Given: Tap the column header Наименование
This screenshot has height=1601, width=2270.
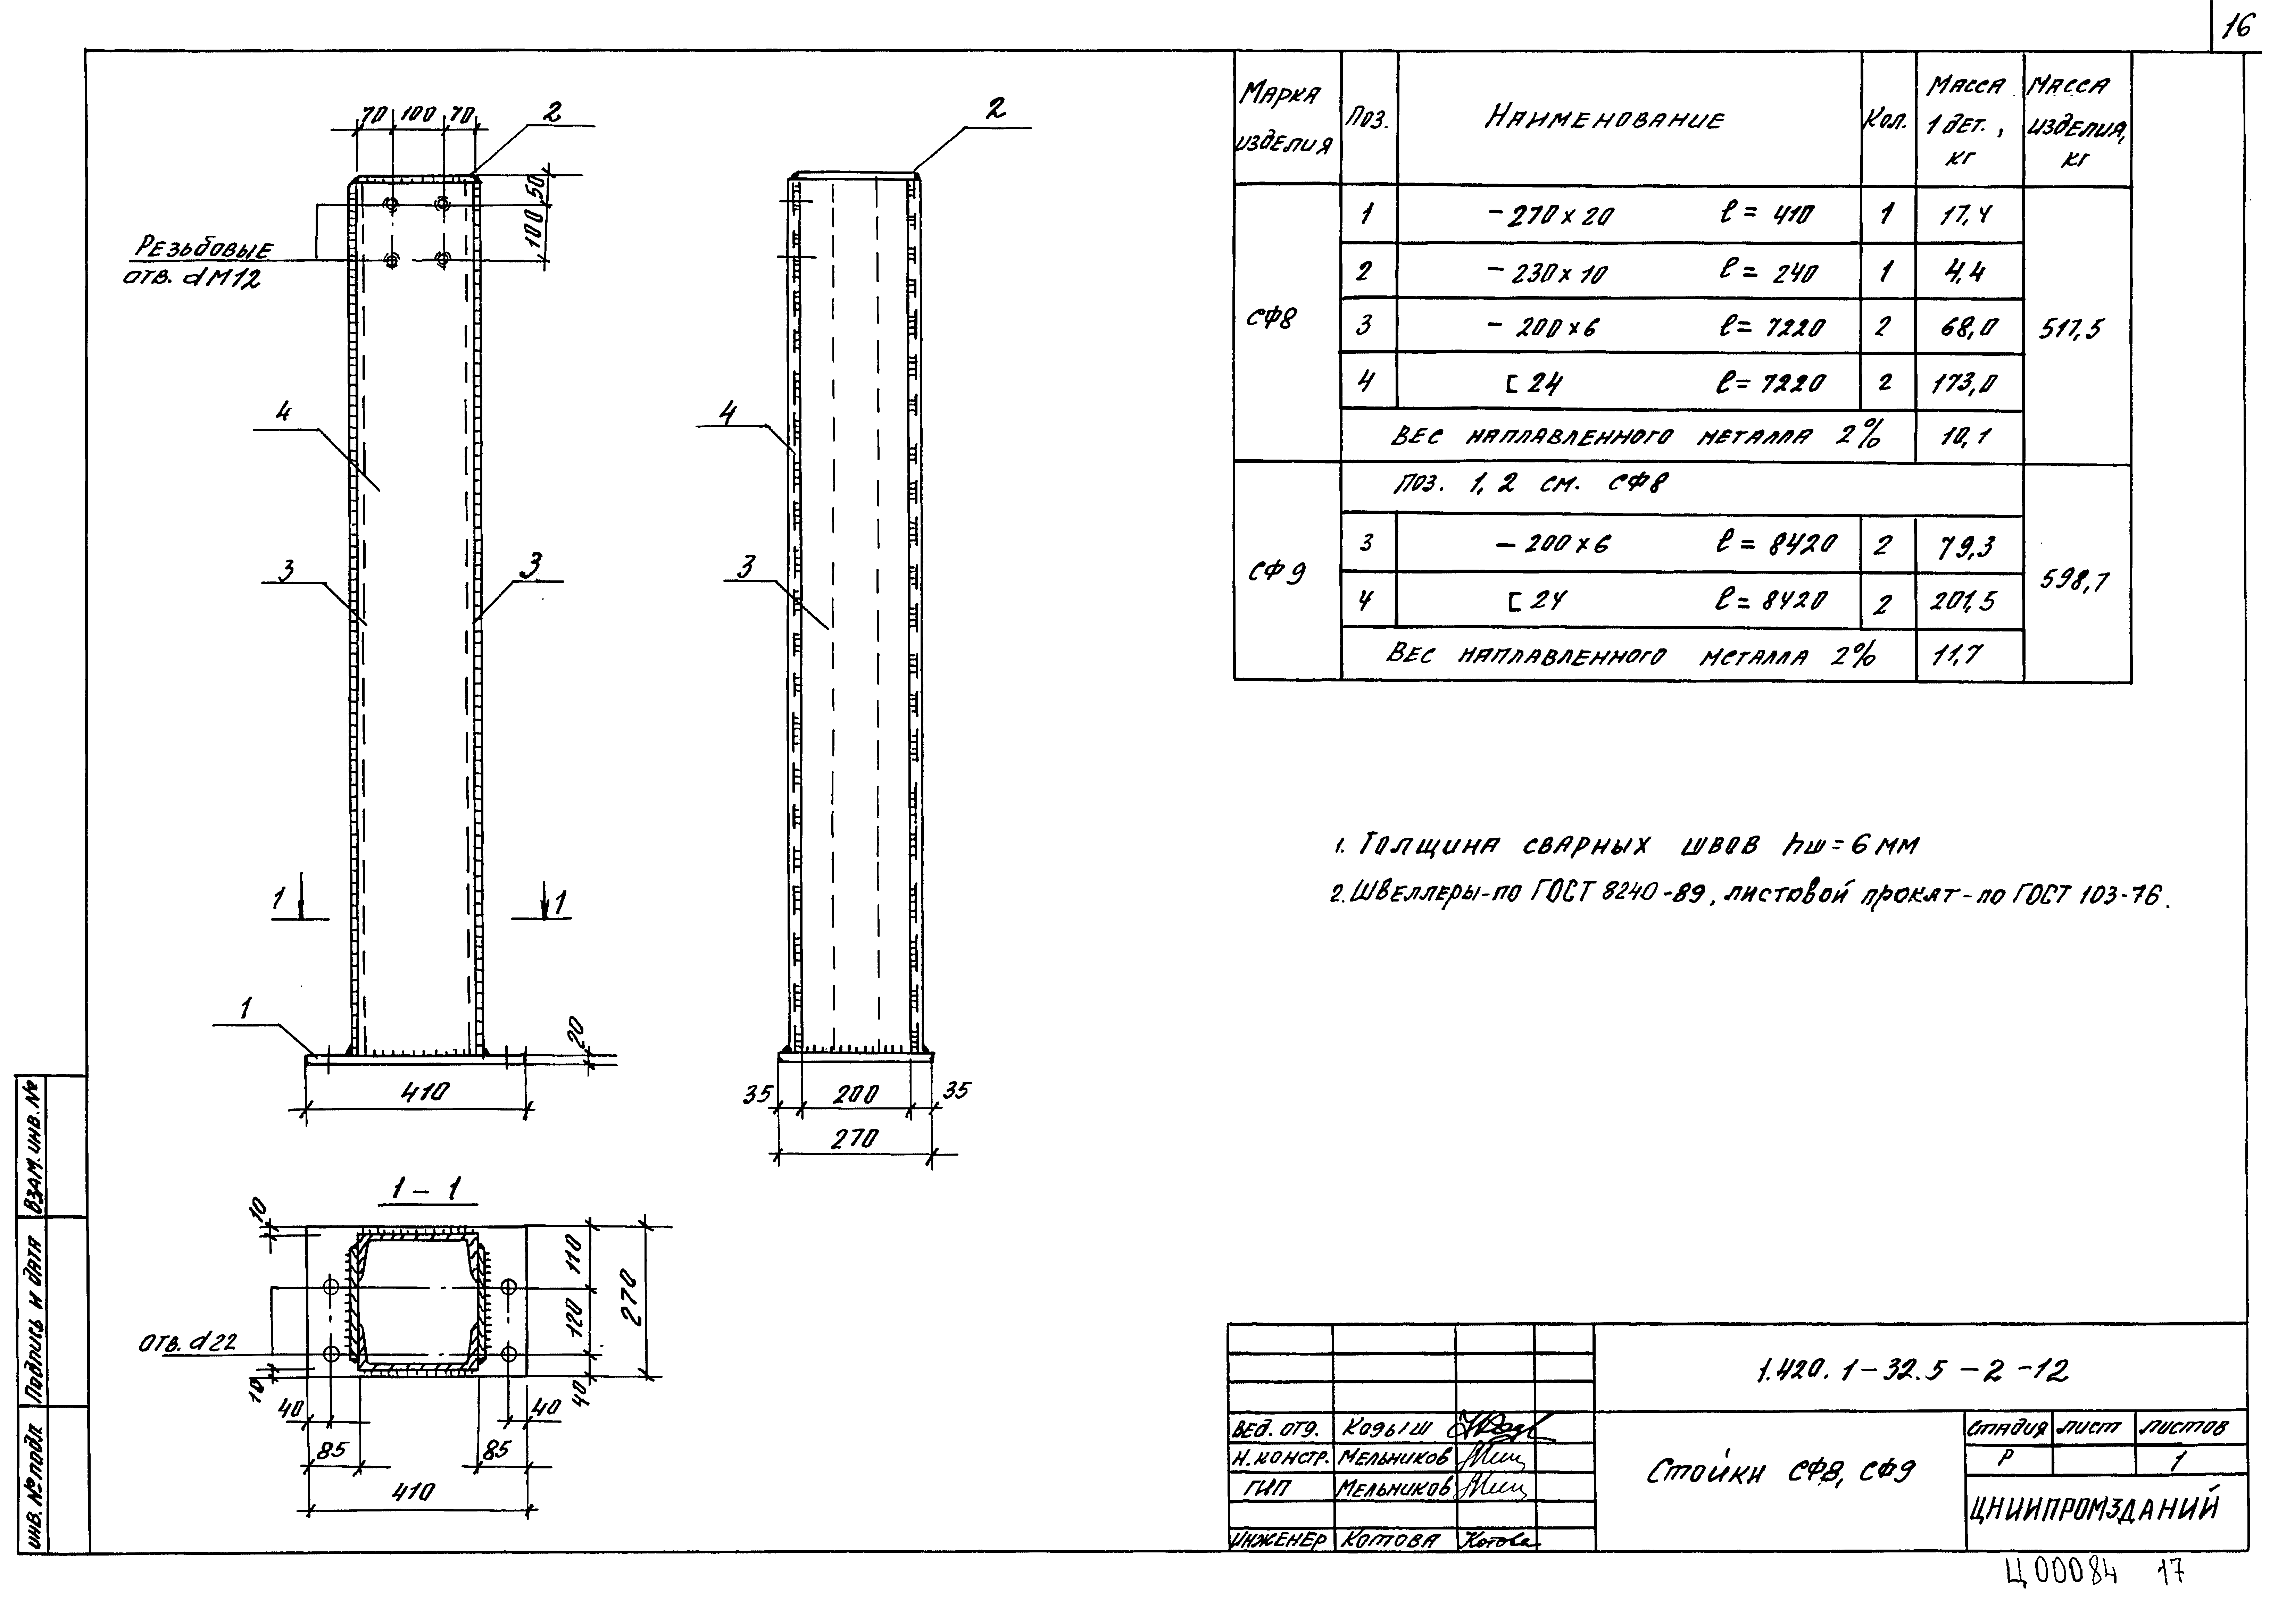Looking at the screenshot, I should click(x=1604, y=119).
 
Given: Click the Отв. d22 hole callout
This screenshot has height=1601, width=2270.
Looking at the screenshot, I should click(x=186, y=1344).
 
